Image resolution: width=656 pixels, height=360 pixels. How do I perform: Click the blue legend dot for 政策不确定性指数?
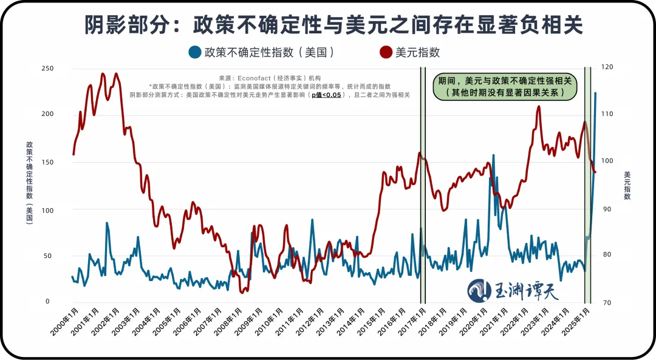[195, 52]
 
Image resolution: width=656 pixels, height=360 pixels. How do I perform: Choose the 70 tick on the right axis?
[606, 302]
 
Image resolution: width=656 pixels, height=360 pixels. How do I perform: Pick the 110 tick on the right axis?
[607, 114]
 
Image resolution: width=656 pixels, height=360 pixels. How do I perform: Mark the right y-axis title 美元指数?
[627, 186]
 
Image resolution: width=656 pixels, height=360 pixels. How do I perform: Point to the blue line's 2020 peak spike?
[493, 155]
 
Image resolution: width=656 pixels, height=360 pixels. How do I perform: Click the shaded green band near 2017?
[423, 182]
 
